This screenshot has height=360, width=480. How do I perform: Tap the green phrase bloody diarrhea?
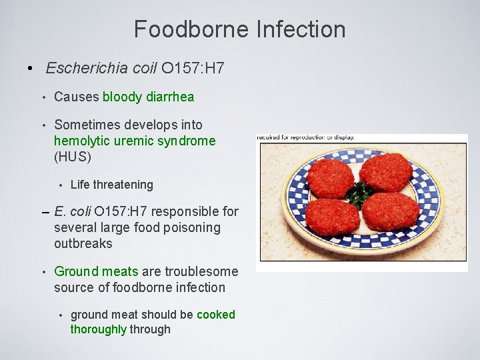pos(148,97)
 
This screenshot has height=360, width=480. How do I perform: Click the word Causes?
pos(76,97)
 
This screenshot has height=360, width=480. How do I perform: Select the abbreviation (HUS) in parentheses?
pos(72,157)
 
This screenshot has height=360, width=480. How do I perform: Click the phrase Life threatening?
pos(111,185)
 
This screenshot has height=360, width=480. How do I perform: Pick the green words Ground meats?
pos(96,271)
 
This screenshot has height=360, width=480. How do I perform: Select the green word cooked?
pos(216,314)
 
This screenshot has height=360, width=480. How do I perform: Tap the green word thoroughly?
pos(99,329)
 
